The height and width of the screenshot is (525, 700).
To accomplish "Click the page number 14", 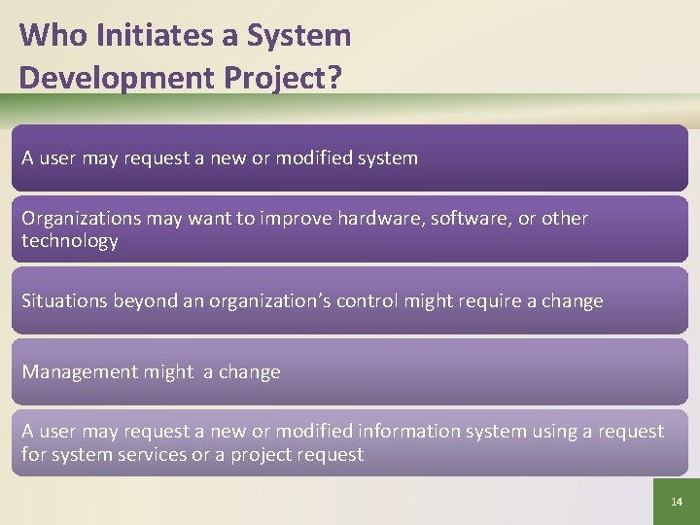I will point(677,502).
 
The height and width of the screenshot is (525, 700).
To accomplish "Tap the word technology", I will point(70,241).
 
